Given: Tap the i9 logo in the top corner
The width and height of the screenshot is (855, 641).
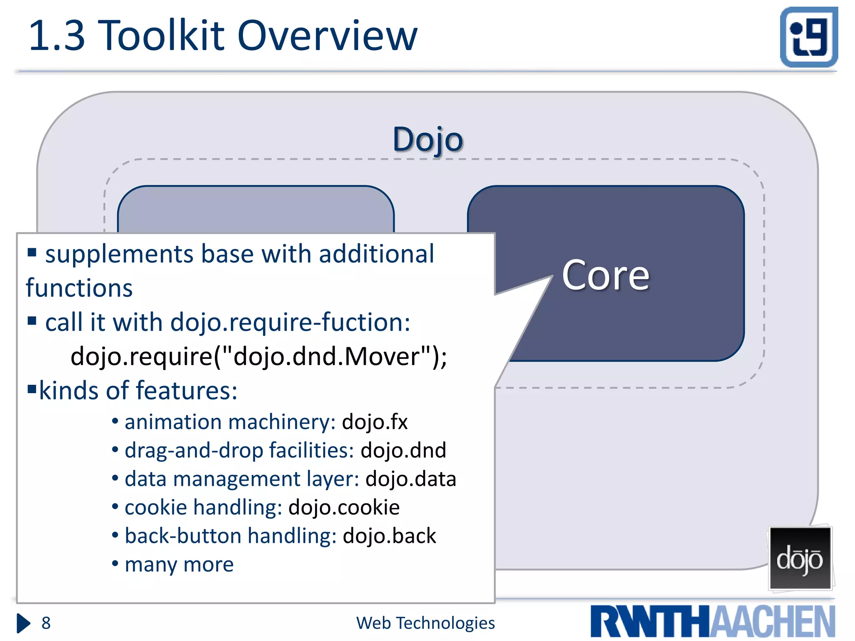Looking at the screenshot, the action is [x=809, y=37].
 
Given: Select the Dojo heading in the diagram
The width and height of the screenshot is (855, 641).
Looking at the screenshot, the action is [x=427, y=139].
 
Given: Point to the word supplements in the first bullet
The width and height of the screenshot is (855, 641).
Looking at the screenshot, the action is [x=119, y=255].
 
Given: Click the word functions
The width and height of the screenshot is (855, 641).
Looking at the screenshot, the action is [x=79, y=288].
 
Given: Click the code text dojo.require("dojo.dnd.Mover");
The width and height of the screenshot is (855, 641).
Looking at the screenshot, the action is [x=259, y=357].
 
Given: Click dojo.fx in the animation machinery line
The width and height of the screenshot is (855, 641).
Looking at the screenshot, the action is [x=374, y=422].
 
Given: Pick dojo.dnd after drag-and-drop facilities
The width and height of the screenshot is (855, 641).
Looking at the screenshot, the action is [x=403, y=451].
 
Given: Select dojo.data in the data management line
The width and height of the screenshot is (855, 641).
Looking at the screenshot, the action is [x=411, y=479].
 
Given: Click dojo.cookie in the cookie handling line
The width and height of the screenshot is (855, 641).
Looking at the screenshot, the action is [x=344, y=507].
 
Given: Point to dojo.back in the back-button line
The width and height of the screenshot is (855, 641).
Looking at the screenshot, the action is [x=389, y=536].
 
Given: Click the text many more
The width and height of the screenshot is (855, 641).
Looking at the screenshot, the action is [x=179, y=565].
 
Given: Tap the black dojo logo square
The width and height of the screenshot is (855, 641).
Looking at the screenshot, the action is [x=800, y=558].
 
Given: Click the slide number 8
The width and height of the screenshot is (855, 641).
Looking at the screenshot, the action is [x=46, y=623].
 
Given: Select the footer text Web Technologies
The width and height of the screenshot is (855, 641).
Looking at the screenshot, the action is [x=425, y=623].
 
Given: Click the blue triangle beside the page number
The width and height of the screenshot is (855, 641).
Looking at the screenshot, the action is [x=23, y=623].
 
